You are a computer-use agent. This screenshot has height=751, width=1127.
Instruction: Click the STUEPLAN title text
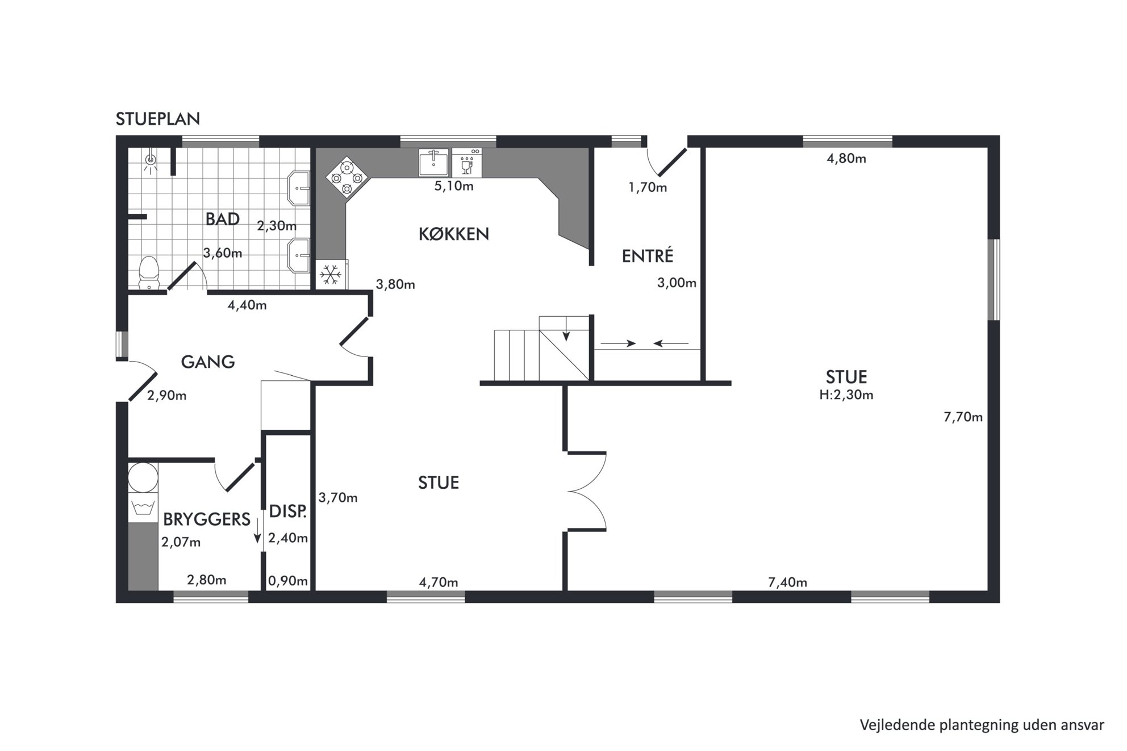click(158, 119)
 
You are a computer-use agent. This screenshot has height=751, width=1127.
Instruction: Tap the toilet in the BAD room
click(149, 273)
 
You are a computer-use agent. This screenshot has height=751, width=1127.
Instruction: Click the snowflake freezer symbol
click(330, 275)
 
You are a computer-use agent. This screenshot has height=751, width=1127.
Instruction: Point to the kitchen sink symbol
click(433, 163)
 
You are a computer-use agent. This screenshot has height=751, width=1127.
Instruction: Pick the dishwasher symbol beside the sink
click(467, 163)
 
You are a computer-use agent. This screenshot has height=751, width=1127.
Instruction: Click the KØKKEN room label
click(454, 234)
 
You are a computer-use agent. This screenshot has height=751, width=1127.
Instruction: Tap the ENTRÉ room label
click(648, 255)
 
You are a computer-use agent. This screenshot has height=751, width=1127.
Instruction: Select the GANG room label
click(208, 362)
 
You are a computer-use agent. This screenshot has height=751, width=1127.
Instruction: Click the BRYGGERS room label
click(207, 519)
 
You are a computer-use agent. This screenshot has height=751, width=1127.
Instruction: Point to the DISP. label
click(288, 511)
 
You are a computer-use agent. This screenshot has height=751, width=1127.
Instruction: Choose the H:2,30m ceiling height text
click(846, 395)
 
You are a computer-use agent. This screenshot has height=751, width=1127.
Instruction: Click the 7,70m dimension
click(963, 417)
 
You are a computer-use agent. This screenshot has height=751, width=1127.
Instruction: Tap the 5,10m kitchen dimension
click(454, 186)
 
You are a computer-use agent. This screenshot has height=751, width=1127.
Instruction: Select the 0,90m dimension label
click(288, 581)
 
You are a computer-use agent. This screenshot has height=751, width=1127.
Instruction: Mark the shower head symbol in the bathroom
click(151, 161)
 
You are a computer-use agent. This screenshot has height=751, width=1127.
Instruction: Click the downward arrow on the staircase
click(566, 334)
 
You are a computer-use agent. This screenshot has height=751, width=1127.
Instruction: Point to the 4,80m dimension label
click(846, 158)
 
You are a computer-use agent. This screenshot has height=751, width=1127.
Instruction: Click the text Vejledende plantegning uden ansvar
click(982, 725)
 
